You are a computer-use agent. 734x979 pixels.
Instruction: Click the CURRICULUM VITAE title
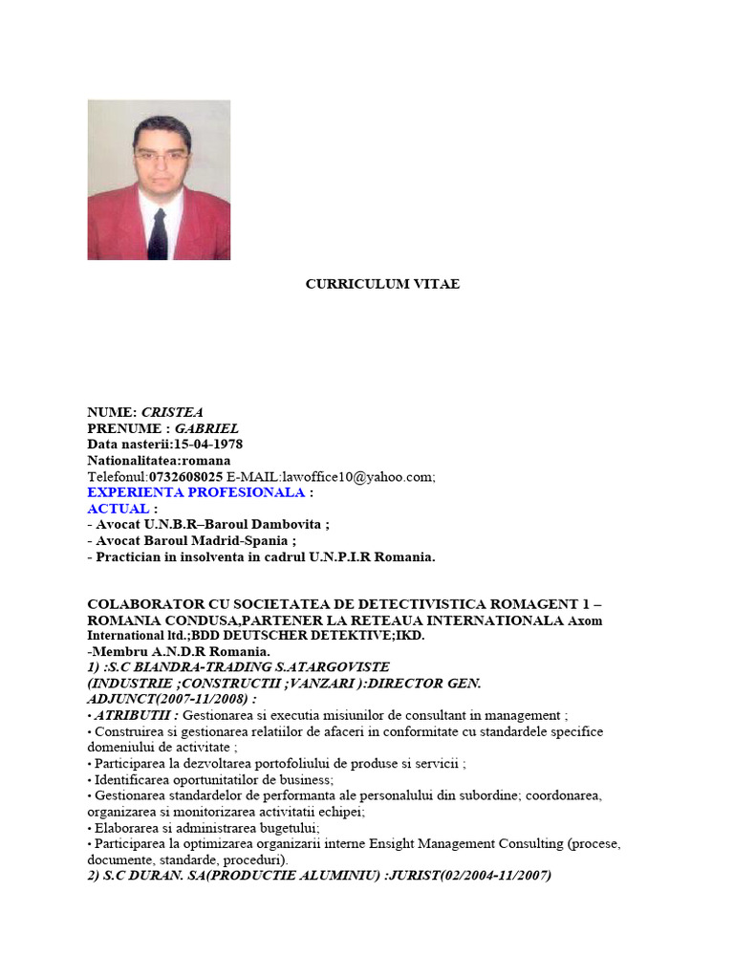coord(382,284)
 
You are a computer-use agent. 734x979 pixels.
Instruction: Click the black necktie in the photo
coord(159,232)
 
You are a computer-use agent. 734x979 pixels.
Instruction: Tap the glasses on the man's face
coord(160,153)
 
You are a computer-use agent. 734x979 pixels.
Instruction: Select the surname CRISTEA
coord(173,412)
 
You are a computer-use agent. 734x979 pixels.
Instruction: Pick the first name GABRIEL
coord(206,428)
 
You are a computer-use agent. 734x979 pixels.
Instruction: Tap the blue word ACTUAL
coord(119,509)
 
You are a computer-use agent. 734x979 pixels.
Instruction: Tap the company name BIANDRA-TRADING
coord(187,666)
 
